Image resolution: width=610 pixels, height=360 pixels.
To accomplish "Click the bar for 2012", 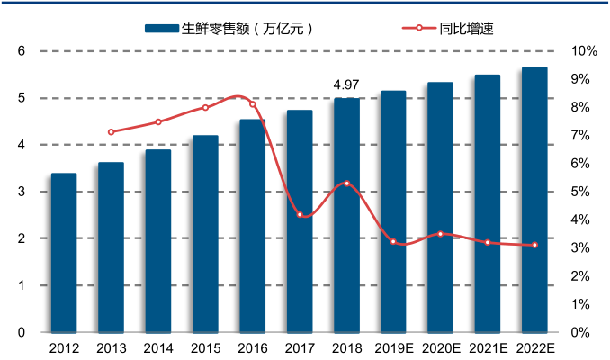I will pos(64,252).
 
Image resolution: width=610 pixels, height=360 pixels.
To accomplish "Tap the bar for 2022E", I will pos(534,200).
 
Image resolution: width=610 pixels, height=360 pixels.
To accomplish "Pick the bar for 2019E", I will pos(393,211).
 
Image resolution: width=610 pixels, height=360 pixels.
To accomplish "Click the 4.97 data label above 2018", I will pos(346,85).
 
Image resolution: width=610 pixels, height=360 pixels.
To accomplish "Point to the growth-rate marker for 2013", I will pos(111,132).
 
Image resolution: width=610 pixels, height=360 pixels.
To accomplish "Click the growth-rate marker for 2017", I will pos(300,214).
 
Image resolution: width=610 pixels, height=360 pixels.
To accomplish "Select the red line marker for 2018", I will pos(346,184).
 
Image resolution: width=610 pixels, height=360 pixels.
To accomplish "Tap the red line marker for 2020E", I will pos(440,234).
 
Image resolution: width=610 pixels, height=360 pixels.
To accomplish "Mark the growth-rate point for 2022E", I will pos(534,245).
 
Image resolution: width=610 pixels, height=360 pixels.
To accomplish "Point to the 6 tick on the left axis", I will pos(21,51).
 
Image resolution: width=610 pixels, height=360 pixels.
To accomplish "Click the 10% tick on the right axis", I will pos(584,51).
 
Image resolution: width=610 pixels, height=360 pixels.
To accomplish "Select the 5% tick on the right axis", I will pos(581,192).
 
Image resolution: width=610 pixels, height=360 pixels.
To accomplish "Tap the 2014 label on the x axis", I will pos(158,348).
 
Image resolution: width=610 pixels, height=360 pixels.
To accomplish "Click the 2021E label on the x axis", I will pos(488,348).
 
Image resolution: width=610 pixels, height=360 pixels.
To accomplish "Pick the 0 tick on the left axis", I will pos(21,332).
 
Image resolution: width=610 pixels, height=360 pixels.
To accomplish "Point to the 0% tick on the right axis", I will pos(581,332).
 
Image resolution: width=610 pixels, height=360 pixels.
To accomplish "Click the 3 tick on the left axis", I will pos(21,192).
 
